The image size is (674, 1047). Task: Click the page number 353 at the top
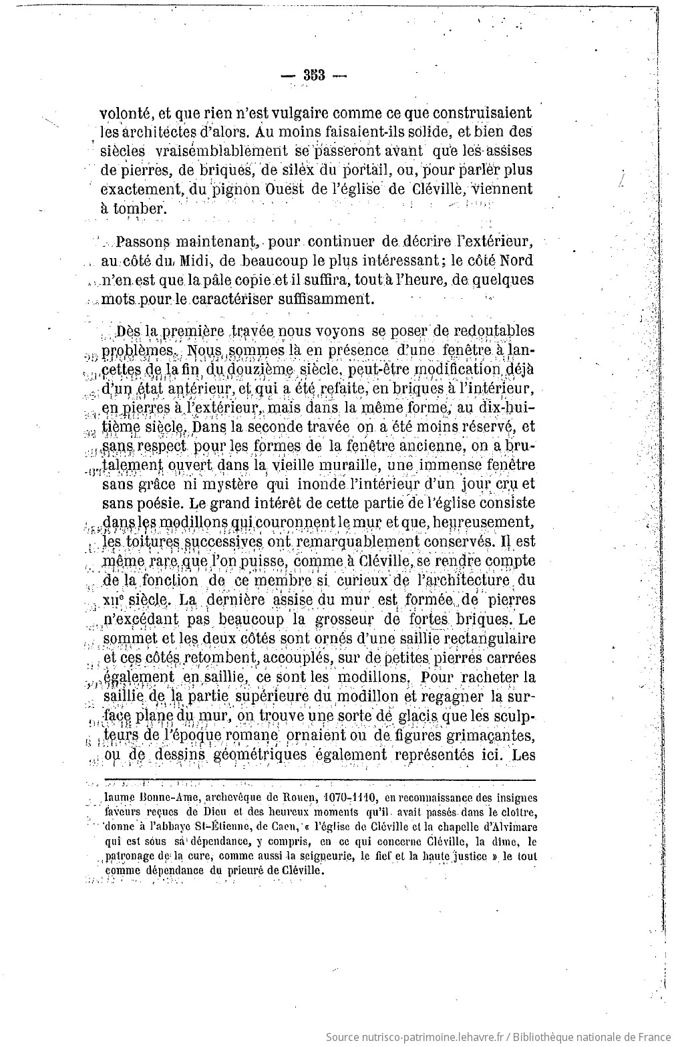(313, 75)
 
